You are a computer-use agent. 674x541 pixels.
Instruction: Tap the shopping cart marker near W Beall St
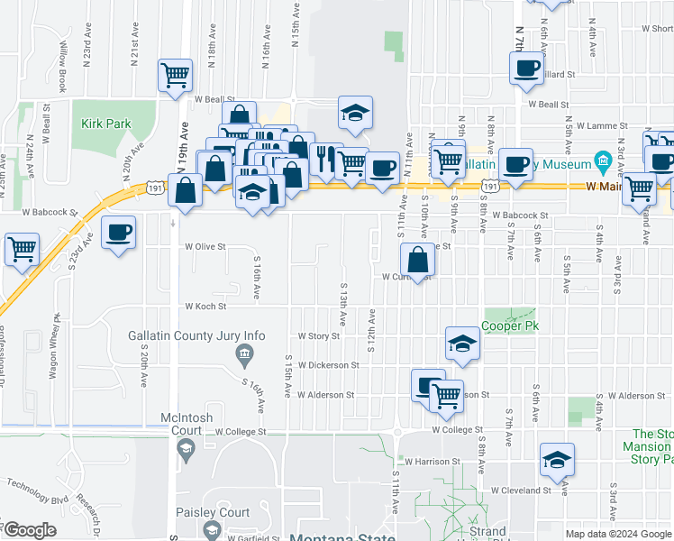(x=174, y=74)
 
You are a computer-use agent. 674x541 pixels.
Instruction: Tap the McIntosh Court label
(x=185, y=424)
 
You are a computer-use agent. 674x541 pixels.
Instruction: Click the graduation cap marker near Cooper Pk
(x=461, y=343)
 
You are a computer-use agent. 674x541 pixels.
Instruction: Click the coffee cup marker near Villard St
(x=526, y=68)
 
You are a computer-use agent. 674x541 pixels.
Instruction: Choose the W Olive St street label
(x=205, y=245)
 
